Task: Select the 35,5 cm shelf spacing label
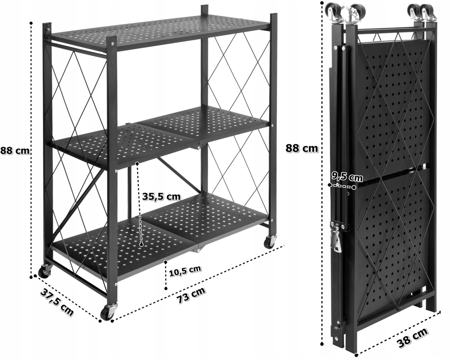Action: pos(161,196)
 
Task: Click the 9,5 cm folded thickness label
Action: pos(347,177)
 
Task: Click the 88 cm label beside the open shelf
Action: pos(15,151)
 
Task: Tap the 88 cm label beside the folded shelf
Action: pos(302,148)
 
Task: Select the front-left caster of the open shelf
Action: pos(44,271)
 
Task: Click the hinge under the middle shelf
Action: pos(197,146)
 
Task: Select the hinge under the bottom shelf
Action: pos(196,250)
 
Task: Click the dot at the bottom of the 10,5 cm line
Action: pos(166,289)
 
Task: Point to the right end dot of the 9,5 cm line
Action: pos(354,187)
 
